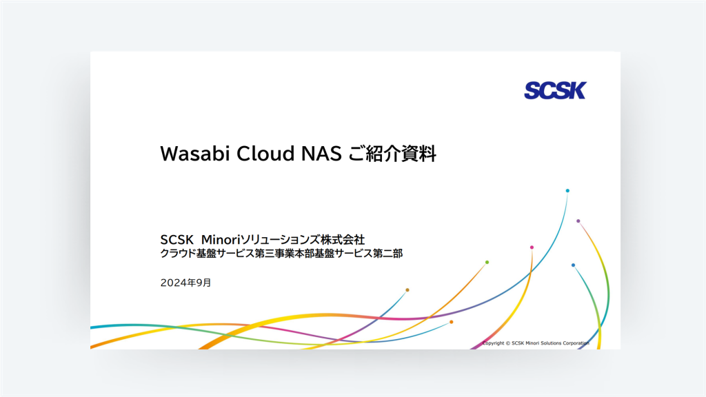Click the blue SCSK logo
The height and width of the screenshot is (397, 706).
click(x=554, y=90)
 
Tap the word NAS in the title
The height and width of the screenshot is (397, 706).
click(x=321, y=154)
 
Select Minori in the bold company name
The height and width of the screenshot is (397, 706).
click(x=219, y=239)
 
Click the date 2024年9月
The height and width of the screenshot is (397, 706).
click(x=185, y=283)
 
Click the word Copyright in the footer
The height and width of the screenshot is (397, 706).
click(x=494, y=343)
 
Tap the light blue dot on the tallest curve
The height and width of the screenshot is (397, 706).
click(x=567, y=190)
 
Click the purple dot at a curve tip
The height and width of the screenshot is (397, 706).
click(x=578, y=221)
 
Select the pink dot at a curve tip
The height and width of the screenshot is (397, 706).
click(x=532, y=247)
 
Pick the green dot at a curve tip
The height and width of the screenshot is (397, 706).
click(x=487, y=262)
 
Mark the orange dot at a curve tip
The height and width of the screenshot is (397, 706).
click(x=451, y=322)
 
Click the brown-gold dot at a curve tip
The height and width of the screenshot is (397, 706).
click(x=407, y=290)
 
